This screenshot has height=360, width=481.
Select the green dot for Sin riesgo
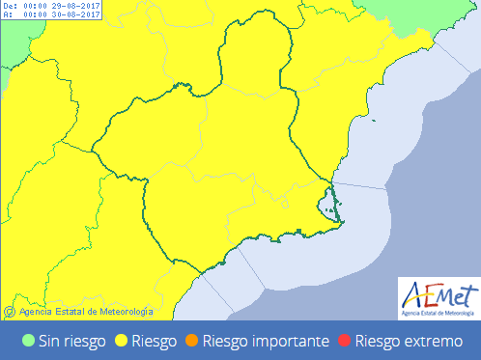(x=28, y=341)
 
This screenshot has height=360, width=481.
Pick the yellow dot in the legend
(x=122, y=341)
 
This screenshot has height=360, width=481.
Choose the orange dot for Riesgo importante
(x=192, y=341)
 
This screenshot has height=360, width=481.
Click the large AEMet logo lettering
(x=439, y=293)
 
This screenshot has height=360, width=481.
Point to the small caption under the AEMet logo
(x=439, y=313)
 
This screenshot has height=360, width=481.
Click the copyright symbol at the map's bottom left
(x=9, y=311)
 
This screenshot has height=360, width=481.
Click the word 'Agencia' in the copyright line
(x=35, y=311)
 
